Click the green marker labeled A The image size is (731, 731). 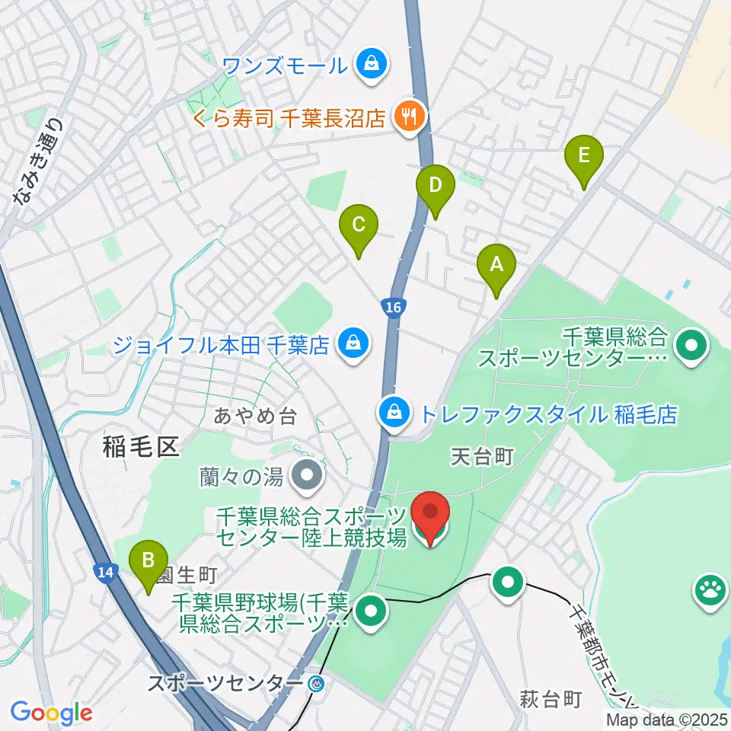[x=496, y=267]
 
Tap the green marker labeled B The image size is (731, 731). [x=149, y=563]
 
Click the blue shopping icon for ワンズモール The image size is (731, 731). [x=372, y=64]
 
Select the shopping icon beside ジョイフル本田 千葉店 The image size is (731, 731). [x=353, y=345]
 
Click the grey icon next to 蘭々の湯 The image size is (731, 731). [x=308, y=477]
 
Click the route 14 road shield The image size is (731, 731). [x=107, y=573]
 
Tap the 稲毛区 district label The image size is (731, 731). [x=140, y=446]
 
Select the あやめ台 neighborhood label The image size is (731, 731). [x=254, y=416]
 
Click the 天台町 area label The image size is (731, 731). [x=483, y=456]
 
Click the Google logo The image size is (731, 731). [x=51, y=713]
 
